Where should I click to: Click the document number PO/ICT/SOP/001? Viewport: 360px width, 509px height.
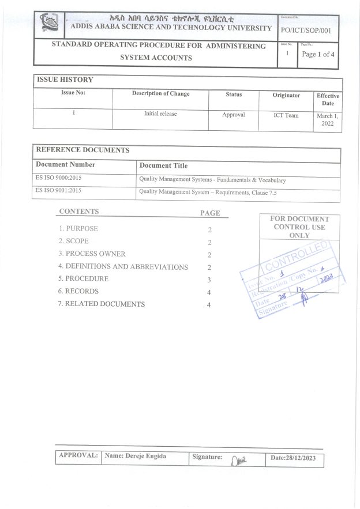(306, 31)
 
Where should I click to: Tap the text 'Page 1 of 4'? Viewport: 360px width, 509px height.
(318, 54)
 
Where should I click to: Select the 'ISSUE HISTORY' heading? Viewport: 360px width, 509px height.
(65, 80)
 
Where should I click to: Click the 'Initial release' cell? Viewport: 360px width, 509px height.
(160, 114)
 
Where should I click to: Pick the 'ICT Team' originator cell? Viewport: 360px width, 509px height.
(286, 115)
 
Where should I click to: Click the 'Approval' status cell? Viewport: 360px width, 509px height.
(234, 115)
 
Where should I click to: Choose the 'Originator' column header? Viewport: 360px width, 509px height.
(286, 95)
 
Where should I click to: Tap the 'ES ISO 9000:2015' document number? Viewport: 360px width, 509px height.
(59, 179)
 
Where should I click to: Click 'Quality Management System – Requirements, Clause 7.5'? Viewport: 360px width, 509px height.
(208, 193)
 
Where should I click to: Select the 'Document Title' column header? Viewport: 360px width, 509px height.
(163, 165)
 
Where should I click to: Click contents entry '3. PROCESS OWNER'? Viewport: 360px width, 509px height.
(92, 254)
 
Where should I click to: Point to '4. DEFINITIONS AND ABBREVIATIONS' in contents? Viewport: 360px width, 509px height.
(123, 267)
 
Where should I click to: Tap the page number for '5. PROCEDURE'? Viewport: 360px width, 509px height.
(209, 280)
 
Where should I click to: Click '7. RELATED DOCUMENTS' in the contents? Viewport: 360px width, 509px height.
(101, 304)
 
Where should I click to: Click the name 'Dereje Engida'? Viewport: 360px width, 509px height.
(135, 456)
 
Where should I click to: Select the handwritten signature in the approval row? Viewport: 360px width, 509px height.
(238, 459)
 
